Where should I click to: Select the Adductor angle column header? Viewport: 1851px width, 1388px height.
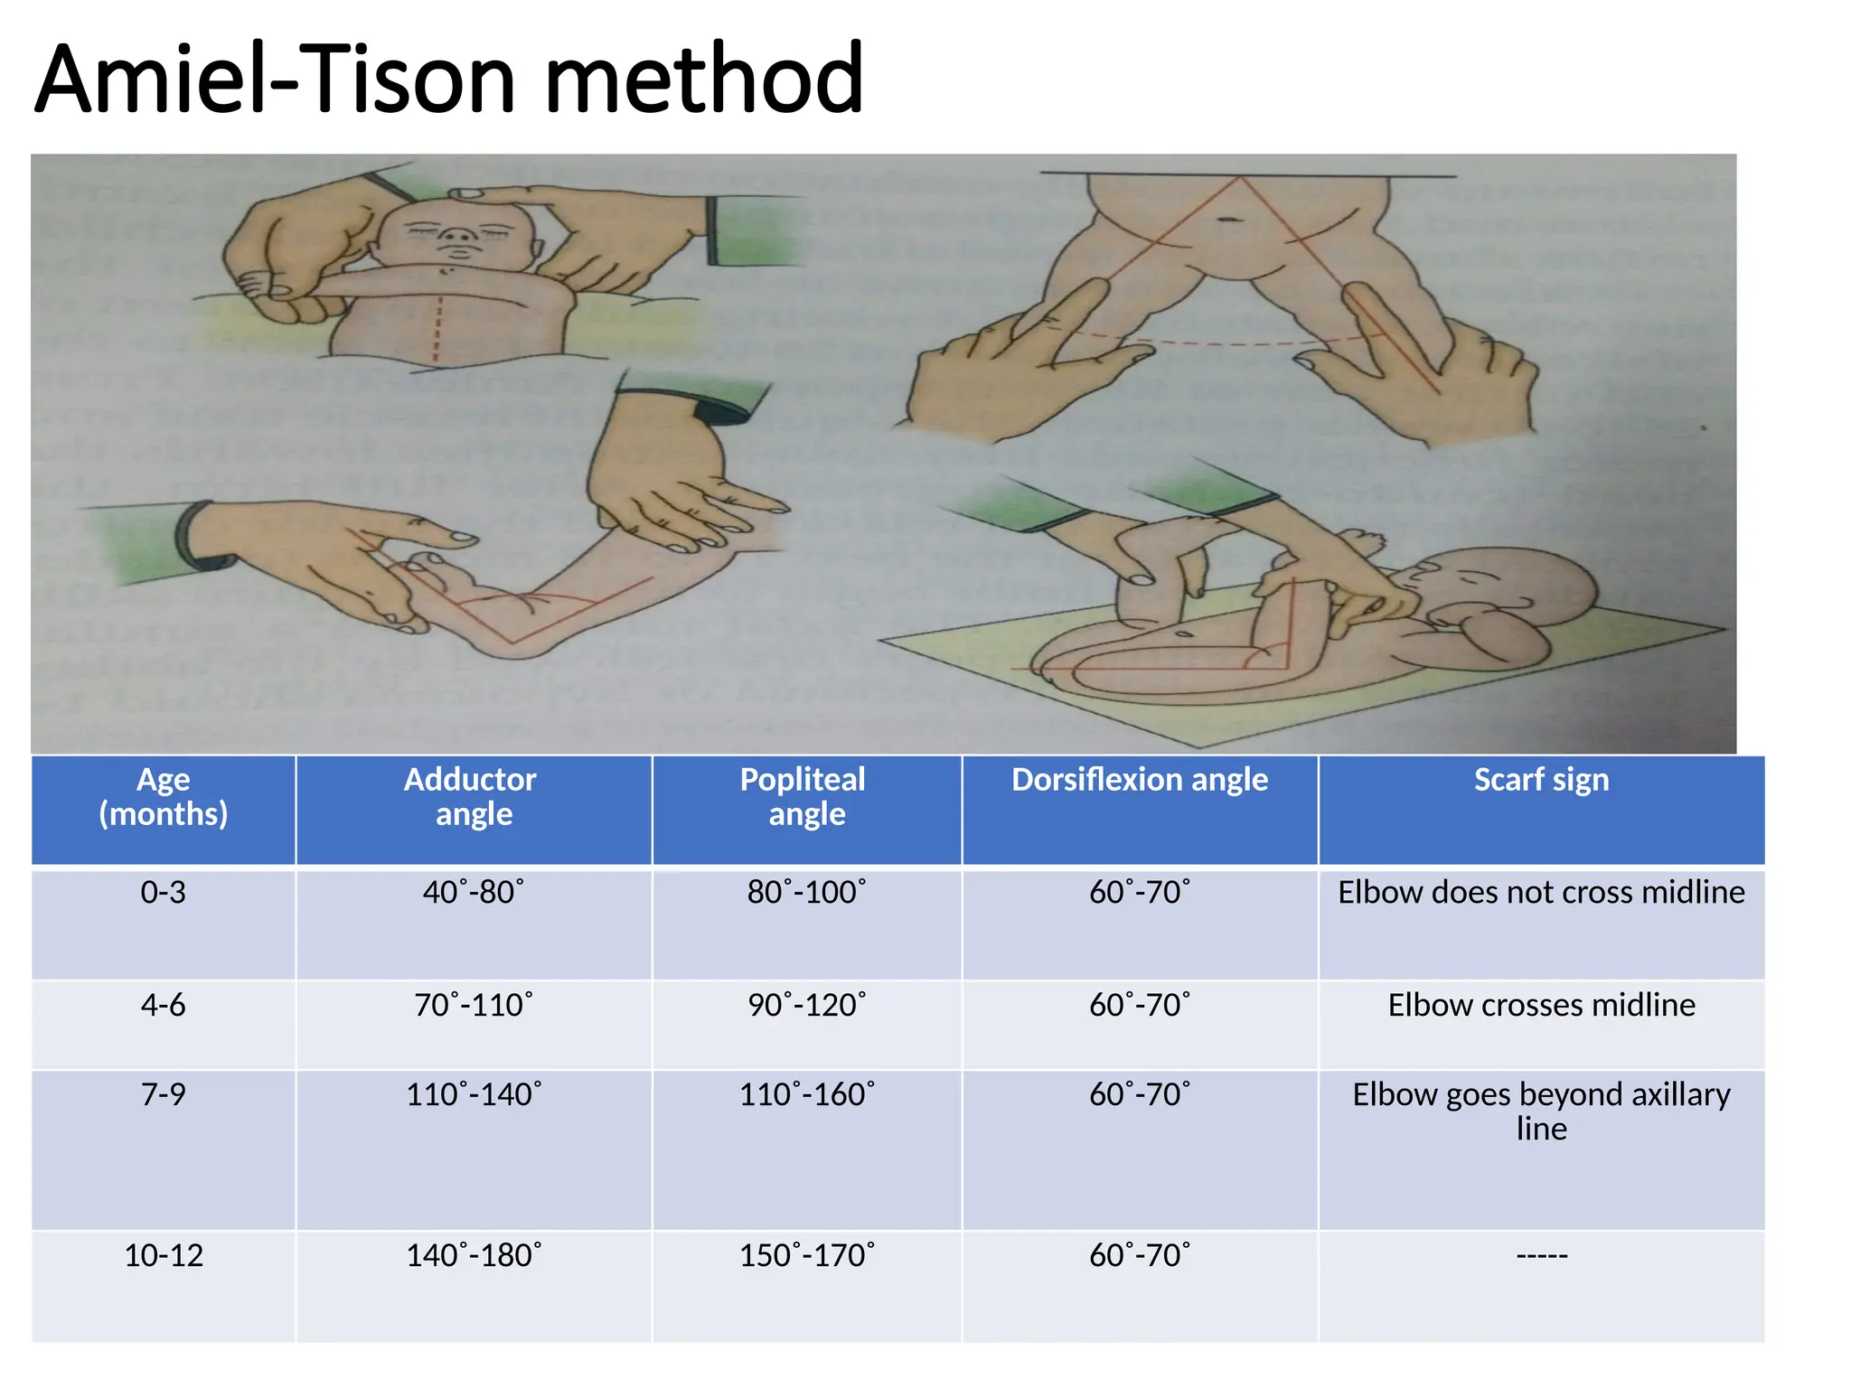[x=471, y=796]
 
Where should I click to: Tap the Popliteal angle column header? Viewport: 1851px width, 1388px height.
[x=803, y=796]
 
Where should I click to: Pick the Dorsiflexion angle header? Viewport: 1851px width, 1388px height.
[x=1139, y=780]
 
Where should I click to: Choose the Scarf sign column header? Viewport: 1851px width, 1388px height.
[x=1541, y=780]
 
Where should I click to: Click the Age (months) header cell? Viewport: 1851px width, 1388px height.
[x=164, y=796]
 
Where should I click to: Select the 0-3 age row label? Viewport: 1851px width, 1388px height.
[x=164, y=892]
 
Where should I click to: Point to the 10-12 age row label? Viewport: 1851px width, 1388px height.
[x=164, y=1255]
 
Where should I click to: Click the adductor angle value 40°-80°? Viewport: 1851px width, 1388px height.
[x=473, y=892]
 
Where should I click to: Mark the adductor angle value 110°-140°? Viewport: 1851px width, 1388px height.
[x=473, y=1094]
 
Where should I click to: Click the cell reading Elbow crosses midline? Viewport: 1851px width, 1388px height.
[x=1541, y=1005]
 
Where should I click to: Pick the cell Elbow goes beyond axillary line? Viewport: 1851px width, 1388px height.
[x=1541, y=1111]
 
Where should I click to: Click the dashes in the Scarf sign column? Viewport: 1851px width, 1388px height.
[x=1541, y=1255]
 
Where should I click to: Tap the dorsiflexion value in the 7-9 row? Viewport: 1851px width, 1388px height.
[x=1139, y=1094]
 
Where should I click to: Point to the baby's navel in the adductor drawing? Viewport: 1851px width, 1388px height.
[x=1229, y=220]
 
